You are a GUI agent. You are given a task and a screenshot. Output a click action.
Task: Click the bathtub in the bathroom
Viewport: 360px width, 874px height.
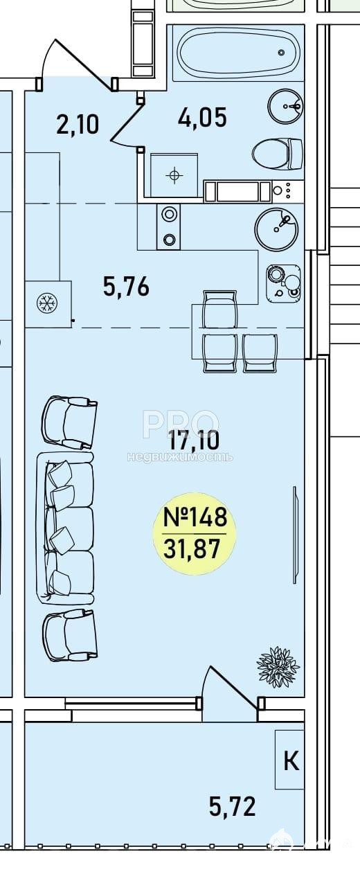click(x=237, y=53)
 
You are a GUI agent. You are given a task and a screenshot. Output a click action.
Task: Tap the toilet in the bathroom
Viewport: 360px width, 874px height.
click(x=278, y=154)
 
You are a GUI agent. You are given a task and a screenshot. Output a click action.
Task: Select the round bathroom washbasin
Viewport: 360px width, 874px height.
click(x=285, y=106)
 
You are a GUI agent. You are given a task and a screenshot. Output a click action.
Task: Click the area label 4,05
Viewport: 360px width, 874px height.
click(x=202, y=118)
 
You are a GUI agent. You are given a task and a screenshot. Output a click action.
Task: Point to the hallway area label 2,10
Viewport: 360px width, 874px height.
click(x=78, y=125)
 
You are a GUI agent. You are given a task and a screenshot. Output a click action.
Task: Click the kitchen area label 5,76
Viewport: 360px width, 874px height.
click(x=126, y=286)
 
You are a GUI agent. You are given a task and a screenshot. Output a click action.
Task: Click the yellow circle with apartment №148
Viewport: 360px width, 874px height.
click(x=195, y=531)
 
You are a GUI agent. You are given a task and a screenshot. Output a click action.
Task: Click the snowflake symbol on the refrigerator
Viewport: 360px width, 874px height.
click(x=47, y=303)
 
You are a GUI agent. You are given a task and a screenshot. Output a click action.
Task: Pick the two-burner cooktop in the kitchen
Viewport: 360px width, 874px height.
click(x=169, y=226)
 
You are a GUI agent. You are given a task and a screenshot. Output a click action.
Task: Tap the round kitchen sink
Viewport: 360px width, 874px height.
click(x=276, y=229)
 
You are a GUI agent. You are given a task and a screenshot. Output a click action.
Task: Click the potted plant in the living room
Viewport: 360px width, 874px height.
click(x=278, y=666)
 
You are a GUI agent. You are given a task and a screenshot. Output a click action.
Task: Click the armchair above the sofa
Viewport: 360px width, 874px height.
click(x=69, y=422)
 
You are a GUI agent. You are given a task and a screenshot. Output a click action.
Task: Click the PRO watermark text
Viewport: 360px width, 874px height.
click(x=181, y=424)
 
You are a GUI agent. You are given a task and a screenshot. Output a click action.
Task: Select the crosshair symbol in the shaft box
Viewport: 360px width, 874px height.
click(x=174, y=175)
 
